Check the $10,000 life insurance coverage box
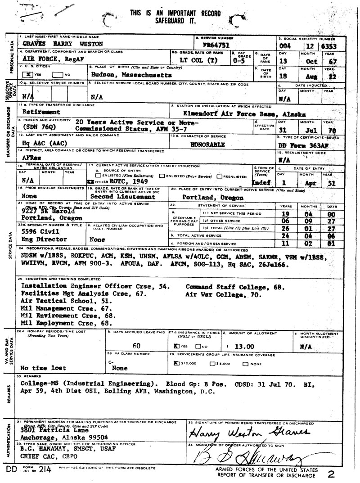click(177, 363)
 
